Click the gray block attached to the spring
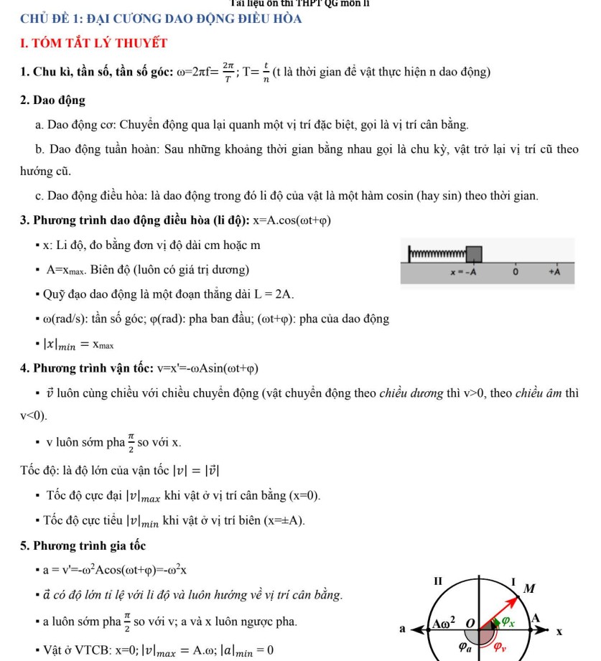[474, 254]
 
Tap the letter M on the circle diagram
[530, 589]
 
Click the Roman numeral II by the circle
[440, 579]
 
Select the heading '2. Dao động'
[53, 100]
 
